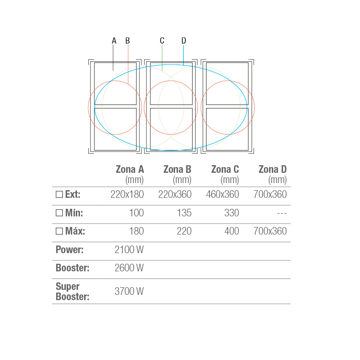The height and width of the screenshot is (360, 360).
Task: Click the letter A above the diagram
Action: (114, 41)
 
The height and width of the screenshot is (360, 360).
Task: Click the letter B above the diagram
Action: (128, 41)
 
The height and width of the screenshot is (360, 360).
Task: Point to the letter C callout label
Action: (162, 41)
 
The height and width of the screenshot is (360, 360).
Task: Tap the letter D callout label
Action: (184, 41)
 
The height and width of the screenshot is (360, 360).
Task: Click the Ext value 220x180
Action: (127, 194)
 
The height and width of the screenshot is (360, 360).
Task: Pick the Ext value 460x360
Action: (222, 194)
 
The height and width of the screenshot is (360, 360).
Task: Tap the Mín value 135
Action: (184, 213)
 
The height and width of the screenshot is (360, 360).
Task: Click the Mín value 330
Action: (232, 213)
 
